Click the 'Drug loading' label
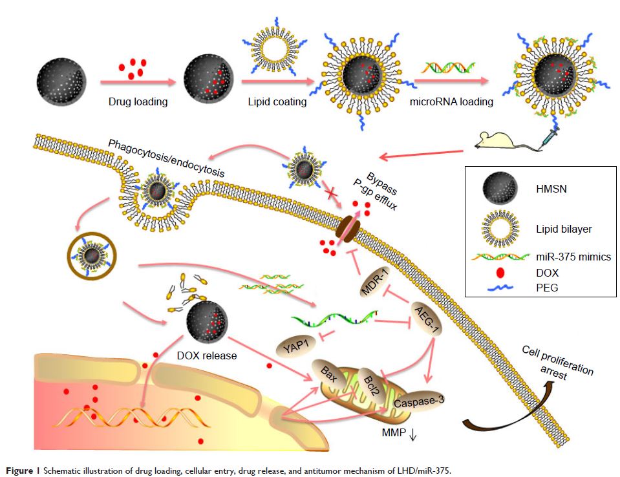138,101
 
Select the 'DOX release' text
207,355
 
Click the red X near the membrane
332,193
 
